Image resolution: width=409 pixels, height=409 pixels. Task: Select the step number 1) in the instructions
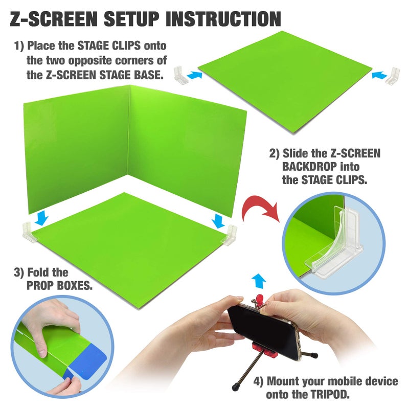point(19,46)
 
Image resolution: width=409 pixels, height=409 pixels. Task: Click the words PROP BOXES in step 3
point(59,285)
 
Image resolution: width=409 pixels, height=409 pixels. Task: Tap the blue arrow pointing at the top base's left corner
point(194,75)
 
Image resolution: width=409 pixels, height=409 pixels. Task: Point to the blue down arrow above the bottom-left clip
point(42,218)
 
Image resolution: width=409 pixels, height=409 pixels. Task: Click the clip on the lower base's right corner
point(232,233)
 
